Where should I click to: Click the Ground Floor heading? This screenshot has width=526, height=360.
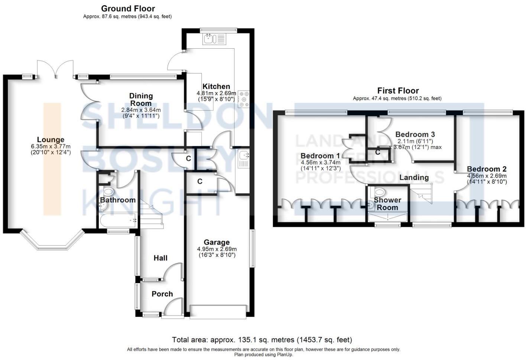[128, 9]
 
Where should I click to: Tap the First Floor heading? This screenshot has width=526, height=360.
[398, 91]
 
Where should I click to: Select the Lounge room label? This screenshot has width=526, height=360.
[51, 140]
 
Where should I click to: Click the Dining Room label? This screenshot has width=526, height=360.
[141, 100]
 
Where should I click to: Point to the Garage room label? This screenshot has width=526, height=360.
[217, 242]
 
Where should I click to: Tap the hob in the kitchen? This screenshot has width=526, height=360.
[244, 99]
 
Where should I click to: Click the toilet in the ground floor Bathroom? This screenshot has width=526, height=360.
[108, 192]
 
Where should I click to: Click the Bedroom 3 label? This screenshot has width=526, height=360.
[415, 134]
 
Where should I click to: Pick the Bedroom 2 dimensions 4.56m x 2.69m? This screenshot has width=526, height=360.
[487, 176]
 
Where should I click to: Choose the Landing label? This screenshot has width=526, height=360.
[414, 178]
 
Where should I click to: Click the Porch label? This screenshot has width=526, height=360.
[162, 294]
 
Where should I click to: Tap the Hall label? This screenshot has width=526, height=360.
[160, 258]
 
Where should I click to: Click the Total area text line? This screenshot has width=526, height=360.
[262, 340]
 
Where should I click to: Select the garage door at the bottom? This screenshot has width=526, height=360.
[218, 311]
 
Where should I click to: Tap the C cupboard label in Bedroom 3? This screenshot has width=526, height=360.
[377, 152]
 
